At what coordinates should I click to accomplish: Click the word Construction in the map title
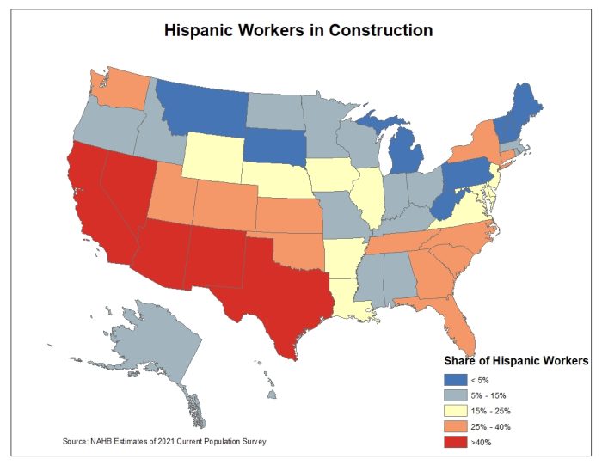coord(376,31)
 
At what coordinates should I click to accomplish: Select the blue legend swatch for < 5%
coord(455,379)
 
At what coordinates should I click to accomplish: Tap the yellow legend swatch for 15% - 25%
coord(455,411)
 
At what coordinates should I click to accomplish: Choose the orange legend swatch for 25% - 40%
coord(455,426)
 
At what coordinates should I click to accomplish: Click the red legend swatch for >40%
coord(455,443)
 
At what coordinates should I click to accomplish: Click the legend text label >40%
coord(482,443)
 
